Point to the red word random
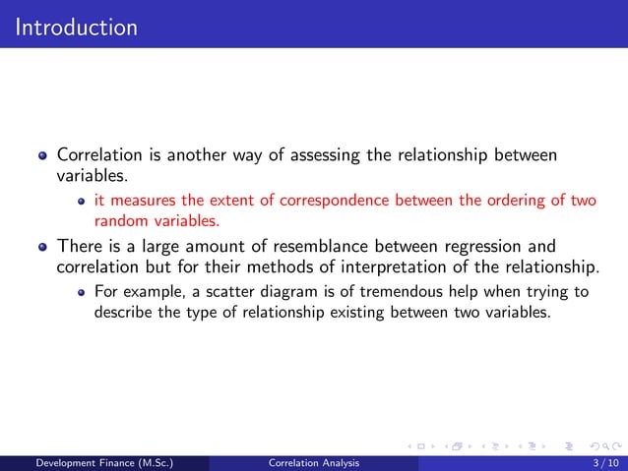click(x=119, y=219)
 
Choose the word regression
click(x=469, y=246)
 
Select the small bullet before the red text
click(x=83, y=202)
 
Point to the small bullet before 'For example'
click(x=83, y=293)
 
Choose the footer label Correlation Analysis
click(x=314, y=462)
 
